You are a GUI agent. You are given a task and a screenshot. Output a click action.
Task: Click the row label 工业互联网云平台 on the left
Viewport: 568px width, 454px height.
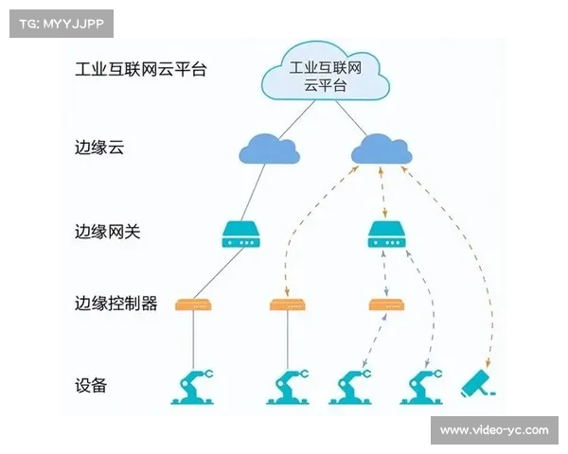pos(141,69)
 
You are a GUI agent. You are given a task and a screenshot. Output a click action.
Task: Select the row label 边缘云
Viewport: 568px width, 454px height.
pos(99,149)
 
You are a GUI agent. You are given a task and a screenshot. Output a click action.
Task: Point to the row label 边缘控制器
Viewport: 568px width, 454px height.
pos(115,304)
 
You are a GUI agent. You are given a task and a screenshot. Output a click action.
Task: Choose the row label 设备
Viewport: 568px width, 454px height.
pos(91,385)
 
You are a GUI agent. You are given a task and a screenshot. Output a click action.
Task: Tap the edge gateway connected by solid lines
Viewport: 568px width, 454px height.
pos(240,235)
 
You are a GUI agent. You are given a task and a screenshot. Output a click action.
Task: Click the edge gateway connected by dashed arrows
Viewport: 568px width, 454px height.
pos(385,235)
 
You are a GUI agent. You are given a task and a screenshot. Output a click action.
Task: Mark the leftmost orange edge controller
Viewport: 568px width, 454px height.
pos(194,306)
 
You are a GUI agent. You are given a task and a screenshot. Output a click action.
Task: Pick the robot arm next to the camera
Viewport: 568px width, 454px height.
pos(423,386)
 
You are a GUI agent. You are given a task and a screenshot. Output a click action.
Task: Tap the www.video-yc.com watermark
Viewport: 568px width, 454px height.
pos(493,430)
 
